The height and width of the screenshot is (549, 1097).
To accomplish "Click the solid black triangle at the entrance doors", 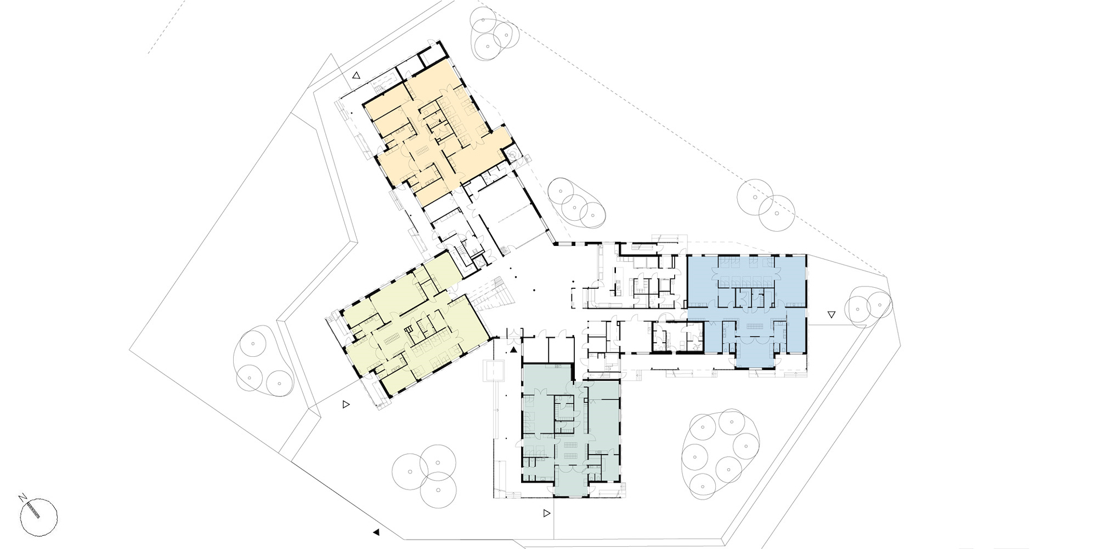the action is coord(514,349).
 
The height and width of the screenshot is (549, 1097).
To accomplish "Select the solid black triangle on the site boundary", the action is coord(376,532).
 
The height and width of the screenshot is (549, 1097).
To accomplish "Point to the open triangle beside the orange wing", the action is coord(357,75).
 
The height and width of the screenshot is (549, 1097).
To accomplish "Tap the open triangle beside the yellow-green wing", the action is coord(346,404).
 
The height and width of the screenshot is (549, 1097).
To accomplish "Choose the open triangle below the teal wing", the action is coord(547,514).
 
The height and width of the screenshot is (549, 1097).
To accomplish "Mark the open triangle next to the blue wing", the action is coord(831,314).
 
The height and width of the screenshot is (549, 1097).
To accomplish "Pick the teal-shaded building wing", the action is coord(571,429).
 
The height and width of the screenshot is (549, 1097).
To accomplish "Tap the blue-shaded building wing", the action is coord(746,309).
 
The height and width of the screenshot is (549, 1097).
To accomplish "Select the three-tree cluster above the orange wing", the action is coord(491,35).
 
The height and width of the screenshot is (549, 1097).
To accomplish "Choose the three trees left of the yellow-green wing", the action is coord(263,361).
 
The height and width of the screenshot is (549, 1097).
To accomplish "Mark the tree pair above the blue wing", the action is coord(766,205).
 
